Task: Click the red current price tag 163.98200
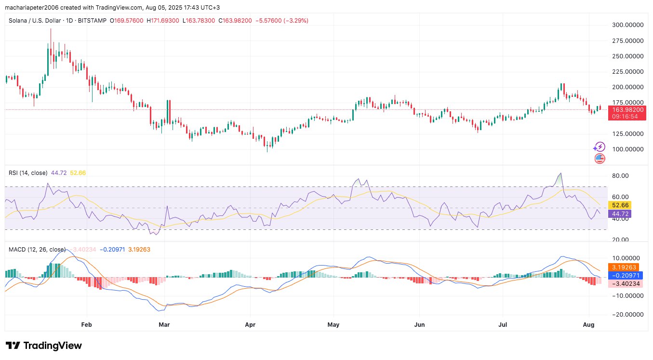click(x=626, y=109)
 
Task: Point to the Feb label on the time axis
click(x=86, y=325)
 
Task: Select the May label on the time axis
click(x=333, y=325)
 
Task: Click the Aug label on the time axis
click(x=588, y=325)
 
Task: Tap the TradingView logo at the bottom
click(x=44, y=346)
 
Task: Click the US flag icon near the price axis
click(x=600, y=158)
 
